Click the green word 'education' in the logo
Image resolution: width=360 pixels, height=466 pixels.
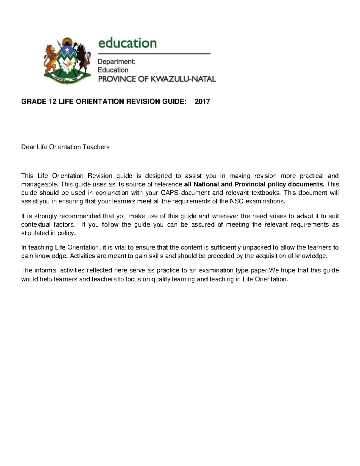coord(127,43)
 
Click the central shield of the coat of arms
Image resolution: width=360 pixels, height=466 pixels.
coord(67,62)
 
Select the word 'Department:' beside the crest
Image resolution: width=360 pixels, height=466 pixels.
coord(116,62)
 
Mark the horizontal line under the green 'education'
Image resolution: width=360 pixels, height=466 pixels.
coord(154,54)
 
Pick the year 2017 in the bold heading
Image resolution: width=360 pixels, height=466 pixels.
coord(202,101)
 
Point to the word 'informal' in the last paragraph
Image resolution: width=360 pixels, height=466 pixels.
coord(46,270)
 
